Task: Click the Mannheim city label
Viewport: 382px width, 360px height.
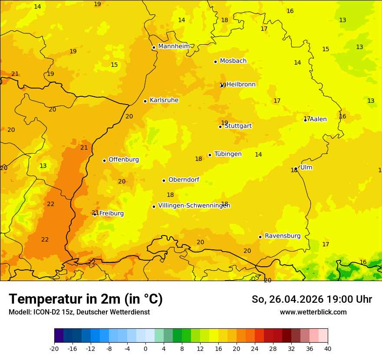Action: point(174,46)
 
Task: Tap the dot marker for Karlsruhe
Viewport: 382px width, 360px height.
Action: point(145,101)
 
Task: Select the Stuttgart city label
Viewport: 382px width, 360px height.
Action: point(238,126)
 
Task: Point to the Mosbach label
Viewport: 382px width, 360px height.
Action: point(233,61)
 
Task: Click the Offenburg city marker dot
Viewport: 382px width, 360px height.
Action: point(104,160)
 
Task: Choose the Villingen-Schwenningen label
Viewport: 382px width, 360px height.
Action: point(194,206)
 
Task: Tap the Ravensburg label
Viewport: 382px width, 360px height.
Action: point(283,236)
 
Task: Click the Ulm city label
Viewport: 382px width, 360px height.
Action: point(306,167)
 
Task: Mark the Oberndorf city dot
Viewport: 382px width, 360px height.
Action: point(164,180)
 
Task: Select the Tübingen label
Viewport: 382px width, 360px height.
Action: point(228,154)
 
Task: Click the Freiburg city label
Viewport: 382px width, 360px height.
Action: point(112,213)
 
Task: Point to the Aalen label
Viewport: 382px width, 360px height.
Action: point(318,119)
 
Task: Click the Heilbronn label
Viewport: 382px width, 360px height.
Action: point(241,84)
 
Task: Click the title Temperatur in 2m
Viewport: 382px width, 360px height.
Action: point(86,299)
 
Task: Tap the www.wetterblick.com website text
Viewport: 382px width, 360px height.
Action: point(313,312)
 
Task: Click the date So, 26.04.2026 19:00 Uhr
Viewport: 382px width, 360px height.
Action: point(312,299)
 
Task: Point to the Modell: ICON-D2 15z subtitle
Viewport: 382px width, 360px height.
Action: point(79,312)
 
